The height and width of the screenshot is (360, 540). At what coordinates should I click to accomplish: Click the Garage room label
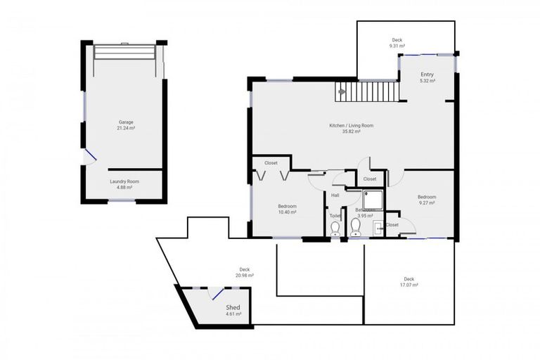(x=126, y=125)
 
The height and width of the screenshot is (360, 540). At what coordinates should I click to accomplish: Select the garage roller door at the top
(x=125, y=53)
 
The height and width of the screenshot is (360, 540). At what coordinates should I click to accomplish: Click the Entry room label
(x=427, y=77)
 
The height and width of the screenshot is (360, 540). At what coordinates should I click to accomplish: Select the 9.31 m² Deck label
(x=397, y=43)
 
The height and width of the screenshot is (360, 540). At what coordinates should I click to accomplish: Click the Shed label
(x=233, y=310)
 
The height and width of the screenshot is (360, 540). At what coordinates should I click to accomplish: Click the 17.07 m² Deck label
(x=409, y=281)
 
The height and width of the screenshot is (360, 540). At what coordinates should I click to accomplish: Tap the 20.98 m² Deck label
(x=245, y=272)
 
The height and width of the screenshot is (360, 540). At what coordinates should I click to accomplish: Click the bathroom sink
(x=378, y=226)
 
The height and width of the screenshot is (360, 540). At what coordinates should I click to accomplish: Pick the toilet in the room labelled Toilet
(x=335, y=228)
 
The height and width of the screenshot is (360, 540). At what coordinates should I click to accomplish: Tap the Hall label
(x=335, y=195)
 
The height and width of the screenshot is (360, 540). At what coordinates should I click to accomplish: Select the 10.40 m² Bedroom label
(x=287, y=208)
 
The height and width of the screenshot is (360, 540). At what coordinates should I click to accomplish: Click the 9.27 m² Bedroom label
(x=427, y=200)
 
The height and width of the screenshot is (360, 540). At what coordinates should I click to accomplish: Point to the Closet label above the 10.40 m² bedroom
(x=271, y=162)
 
